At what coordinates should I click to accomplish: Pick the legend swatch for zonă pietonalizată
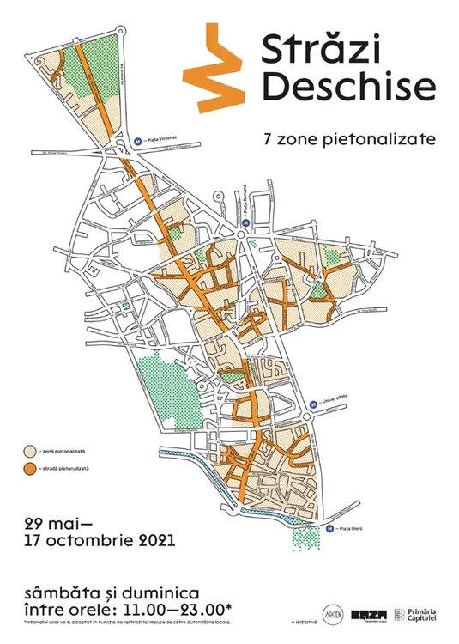point(30,450)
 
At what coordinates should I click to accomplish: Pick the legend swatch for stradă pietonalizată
point(30,468)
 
